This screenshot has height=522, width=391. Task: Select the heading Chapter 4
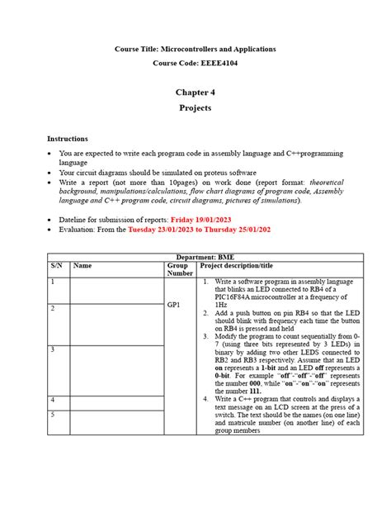click(195, 93)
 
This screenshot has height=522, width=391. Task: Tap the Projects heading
click(195, 108)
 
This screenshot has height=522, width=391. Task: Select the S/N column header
click(56, 266)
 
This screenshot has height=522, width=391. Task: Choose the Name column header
click(82, 266)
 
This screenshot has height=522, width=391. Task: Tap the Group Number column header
click(181, 271)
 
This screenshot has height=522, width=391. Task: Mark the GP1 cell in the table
click(174, 305)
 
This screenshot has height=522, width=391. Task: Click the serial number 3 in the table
click(52, 350)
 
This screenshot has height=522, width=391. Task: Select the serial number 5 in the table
click(52, 415)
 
